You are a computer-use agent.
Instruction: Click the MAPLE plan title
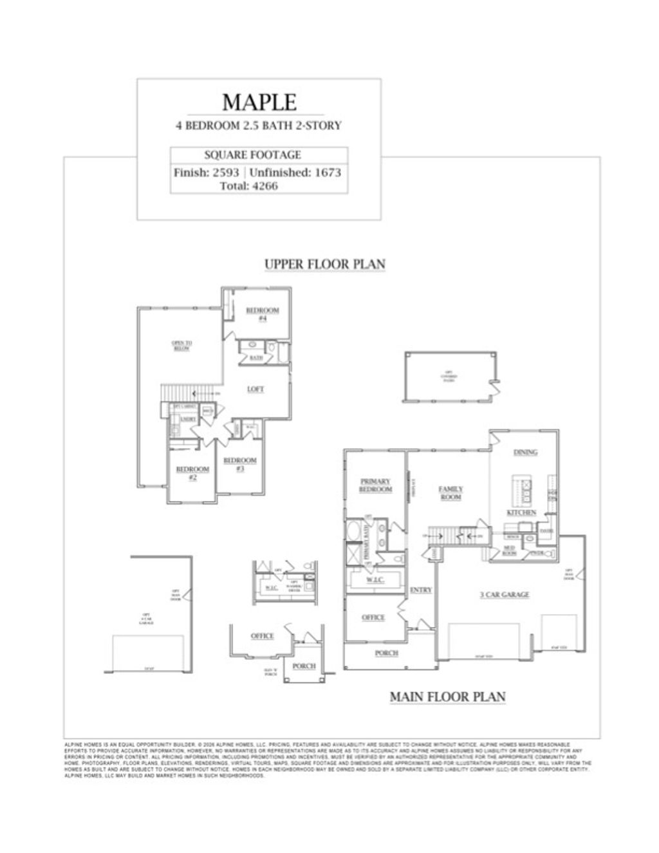[x=259, y=102]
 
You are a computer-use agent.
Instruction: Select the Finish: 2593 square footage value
[x=206, y=173]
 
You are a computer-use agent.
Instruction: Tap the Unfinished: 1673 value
[x=295, y=173]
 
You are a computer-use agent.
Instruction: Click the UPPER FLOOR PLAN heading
[x=325, y=264]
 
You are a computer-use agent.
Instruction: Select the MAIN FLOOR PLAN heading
[x=447, y=697]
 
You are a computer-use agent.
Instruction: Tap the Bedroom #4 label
[x=263, y=314]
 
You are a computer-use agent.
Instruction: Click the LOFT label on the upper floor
[x=255, y=389]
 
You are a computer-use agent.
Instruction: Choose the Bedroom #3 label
[x=240, y=464]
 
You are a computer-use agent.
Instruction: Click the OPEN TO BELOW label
[x=181, y=346]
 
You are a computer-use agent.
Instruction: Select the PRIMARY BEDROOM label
[x=376, y=485]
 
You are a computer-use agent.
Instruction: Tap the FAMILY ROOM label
[x=451, y=493]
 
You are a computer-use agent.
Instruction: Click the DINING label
[x=525, y=453]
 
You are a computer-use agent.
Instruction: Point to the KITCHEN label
[x=521, y=513]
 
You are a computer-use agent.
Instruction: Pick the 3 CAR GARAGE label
[x=504, y=594]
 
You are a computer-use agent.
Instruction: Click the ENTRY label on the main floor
[x=421, y=590]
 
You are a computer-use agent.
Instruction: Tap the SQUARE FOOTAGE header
[x=252, y=155]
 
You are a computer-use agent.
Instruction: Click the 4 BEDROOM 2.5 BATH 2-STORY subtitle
[x=259, y=126]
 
